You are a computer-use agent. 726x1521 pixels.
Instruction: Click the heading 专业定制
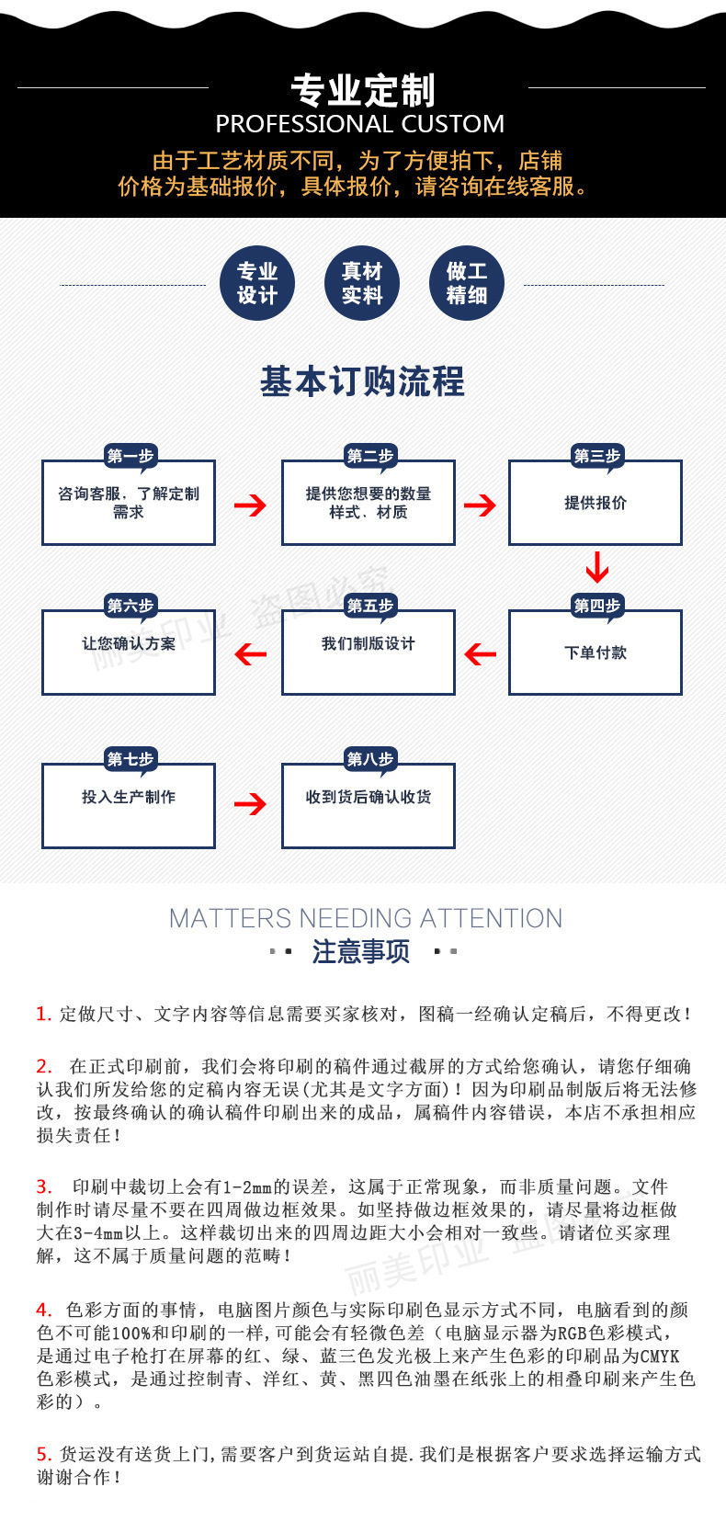pyautogui.click(x=362, y=90)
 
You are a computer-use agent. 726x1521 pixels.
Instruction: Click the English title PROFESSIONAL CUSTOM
pyautogui.click(x=359, y=124)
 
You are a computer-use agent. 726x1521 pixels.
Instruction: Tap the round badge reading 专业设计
pyautogui.click(x=257, y=283)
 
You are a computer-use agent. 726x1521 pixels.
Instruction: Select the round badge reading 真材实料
pyautogui.click(x=362, y=283)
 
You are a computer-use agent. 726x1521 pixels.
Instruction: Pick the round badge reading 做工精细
pyautogui.click(x=467, y=283)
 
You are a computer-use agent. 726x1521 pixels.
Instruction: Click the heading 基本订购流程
pyautogui.click(x=362, y=381)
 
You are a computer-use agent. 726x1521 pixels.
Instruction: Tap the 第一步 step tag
pyautogui.click(x=130, y=456)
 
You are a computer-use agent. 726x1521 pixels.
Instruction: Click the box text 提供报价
pyautogui.click(x=596, y=503)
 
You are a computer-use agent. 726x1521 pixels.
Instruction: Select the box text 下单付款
pyautogui.click(x=596, y=653)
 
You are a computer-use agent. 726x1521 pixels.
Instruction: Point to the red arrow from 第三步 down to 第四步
pyautogui.click(x=597, y=567)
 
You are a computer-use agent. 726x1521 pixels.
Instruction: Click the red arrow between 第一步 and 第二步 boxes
pyautogui.click(x=249, y=505)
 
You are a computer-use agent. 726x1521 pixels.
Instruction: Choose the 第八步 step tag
pyautogui.click(x=369, y=759)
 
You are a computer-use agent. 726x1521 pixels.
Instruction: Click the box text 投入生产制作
pyautogui.click(x=129, y=797)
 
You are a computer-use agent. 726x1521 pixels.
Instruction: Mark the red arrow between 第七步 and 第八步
pyautogui.click(x=249, y=804)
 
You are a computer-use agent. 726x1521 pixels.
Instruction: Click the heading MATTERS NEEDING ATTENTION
pyautogui.click(x=365, y=918)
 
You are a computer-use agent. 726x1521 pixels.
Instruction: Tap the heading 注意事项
pyautogui.click(x=361, y=951)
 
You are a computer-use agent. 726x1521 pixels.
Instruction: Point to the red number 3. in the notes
pyautogui.click(x=44, y=1186)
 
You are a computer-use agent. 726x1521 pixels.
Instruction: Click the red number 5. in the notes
pyautogui.click(x=44, y=1454)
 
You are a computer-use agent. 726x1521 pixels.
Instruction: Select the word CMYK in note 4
pyautogui.click(x=659, y=1356)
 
